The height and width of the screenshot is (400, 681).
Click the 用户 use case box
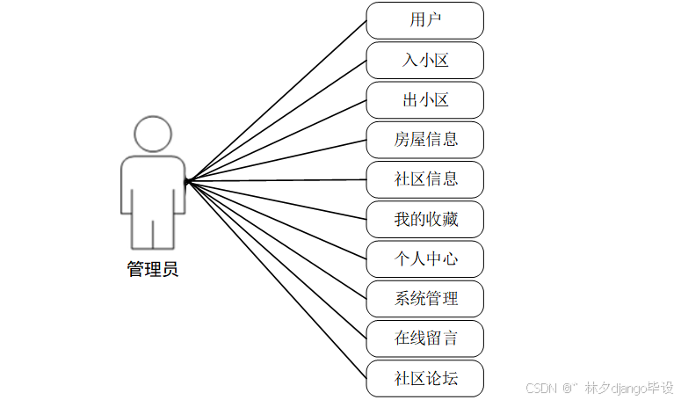(424, 20)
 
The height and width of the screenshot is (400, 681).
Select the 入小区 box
(424, 60)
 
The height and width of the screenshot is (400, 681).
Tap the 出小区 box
(424, 99)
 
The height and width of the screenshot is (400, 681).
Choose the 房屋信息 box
(424, 139)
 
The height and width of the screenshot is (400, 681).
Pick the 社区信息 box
(424, 179)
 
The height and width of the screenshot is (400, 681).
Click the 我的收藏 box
(424, 219)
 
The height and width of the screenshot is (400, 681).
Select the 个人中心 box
(424, 258)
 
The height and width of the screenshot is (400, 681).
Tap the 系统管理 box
(424, 298)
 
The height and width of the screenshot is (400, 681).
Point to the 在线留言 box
(424, 338)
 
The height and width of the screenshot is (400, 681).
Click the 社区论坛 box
(424, 378)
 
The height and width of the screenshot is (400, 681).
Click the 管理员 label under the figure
(153, 270)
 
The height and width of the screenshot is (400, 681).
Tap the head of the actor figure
(153, 134)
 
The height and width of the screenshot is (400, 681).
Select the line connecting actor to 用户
(276, 100)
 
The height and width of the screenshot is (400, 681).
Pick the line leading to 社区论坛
(276, 280)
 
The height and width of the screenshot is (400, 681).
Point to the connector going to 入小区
(276, 120)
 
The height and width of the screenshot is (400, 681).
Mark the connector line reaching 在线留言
(276, 259)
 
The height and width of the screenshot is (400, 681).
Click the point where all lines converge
(187, 181)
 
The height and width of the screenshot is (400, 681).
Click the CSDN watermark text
(543, 387)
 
